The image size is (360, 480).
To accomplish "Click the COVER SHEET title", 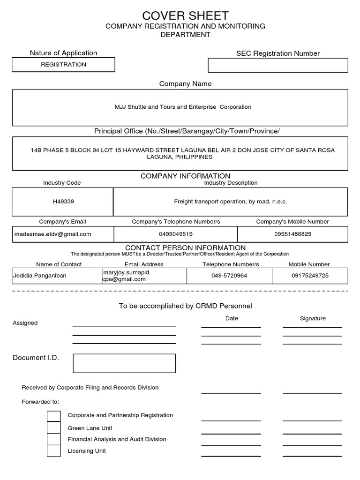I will pos(185,15).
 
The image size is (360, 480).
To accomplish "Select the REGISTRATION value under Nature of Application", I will pos(63,65).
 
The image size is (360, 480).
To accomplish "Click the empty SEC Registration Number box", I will pos(277,66).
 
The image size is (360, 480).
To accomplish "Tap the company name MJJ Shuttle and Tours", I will pos(183,107).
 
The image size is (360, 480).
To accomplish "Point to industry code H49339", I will pos(63,202).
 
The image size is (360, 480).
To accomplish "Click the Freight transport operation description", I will pos(230,202).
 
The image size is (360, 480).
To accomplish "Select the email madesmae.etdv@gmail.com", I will pos(53,234).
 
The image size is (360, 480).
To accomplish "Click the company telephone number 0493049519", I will pos(176,234).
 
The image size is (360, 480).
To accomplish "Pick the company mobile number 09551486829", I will pos(292,234).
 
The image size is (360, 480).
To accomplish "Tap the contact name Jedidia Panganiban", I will pos(39,276).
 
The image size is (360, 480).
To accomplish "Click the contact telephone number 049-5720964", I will pos(229,276).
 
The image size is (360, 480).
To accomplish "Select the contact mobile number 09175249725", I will pos(310,276).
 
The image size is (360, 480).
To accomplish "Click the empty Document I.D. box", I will pos(124,363).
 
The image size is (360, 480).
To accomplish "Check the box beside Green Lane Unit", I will pos(54,428).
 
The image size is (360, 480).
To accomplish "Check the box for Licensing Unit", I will pos(54,451).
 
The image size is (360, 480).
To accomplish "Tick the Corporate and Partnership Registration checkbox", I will pos(54,416).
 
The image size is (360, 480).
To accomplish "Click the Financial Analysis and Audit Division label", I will pos(117,439).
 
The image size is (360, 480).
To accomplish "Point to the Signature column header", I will pos(312,318).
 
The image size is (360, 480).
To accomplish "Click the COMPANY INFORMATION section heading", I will pos(185,176).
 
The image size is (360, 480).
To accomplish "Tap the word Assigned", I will pos(25,323).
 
